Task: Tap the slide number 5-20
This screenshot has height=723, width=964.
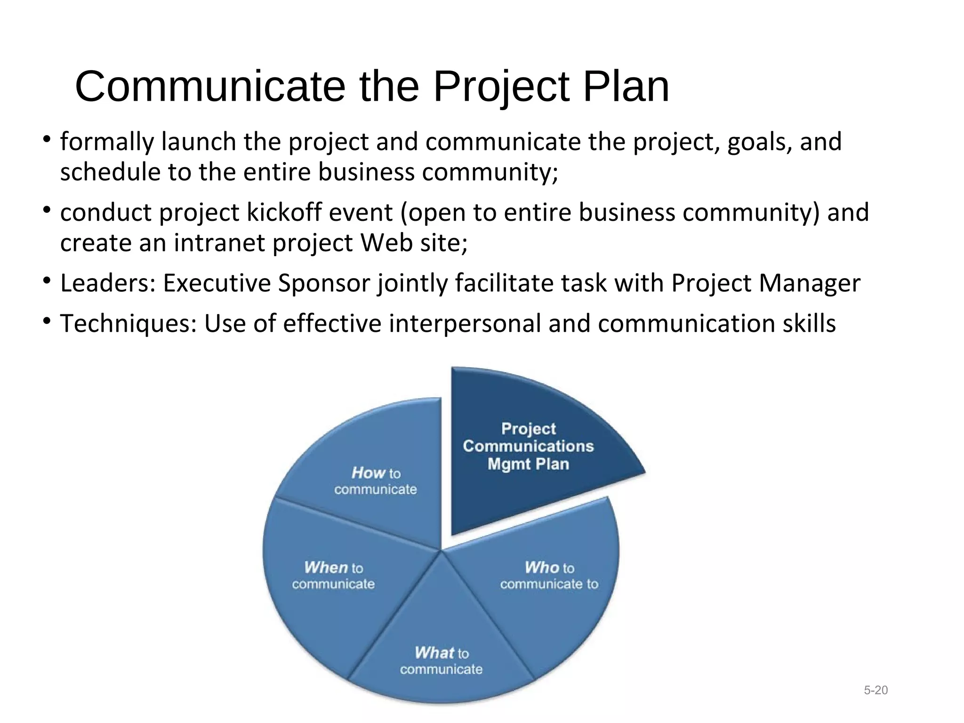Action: pos(876,690)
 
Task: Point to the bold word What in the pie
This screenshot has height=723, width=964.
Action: pos(434,653)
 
